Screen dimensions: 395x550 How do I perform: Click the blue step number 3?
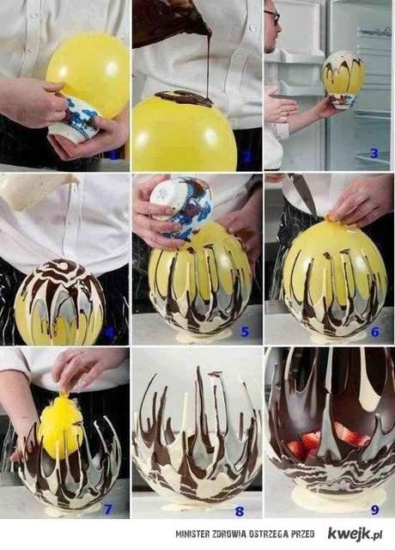[374, 153]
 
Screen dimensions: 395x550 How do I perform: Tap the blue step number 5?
[244, 331]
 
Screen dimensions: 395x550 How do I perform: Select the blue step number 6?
[375, 331]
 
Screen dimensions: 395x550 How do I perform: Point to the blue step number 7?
[107, 509]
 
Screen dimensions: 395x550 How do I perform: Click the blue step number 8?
[239, 511]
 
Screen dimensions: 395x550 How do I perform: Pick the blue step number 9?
[374, 510]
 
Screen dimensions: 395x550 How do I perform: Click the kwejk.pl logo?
[355, 535]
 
